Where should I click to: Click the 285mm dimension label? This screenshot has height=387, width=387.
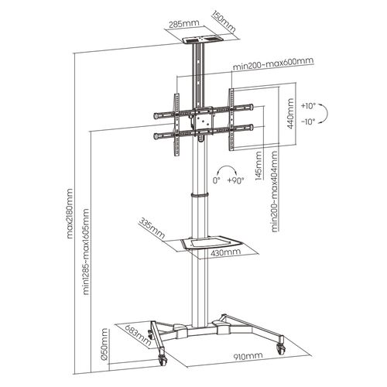click(184, 24)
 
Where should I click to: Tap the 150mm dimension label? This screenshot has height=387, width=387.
click(224, 22)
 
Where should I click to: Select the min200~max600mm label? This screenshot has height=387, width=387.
click(273, 64)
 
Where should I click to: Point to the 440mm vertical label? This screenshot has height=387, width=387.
click(290, 114)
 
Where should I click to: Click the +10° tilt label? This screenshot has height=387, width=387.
click(308, 106)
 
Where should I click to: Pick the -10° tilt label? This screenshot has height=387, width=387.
click(308, 122)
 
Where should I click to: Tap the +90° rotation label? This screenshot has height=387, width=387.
click(235, 180)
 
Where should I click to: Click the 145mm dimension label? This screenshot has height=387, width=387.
click(259, 166)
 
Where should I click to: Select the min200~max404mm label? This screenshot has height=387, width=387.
click(275, 191)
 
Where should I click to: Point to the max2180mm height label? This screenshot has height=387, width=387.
click(70, 213)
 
